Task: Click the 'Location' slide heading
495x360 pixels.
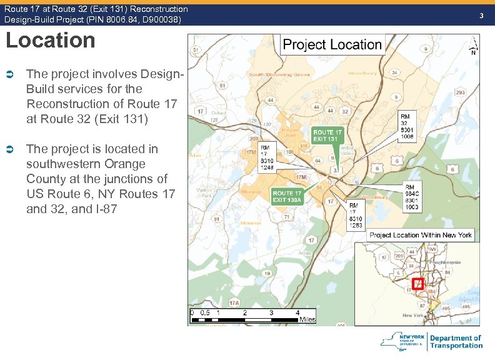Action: click(x=51, y=41)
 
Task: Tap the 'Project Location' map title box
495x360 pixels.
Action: click(x=332, y=45)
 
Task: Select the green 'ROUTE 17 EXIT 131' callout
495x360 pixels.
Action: click(x=327, y=136)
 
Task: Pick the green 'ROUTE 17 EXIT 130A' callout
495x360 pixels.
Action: click(x=288, y=196)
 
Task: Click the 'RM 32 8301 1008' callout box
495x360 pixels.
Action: click(x=406, y=126)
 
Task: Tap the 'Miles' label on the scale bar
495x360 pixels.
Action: click(x=307, y=319)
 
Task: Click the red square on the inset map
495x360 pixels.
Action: click(x=418, y=284)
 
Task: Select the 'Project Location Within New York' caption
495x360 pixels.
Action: click(x=421, y=235)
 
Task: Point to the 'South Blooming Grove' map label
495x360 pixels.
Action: click(x=279, y=74)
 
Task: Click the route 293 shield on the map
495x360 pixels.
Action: click(x=459, y=93)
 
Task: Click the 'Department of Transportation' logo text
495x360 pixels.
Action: click(x=456, y=341)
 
